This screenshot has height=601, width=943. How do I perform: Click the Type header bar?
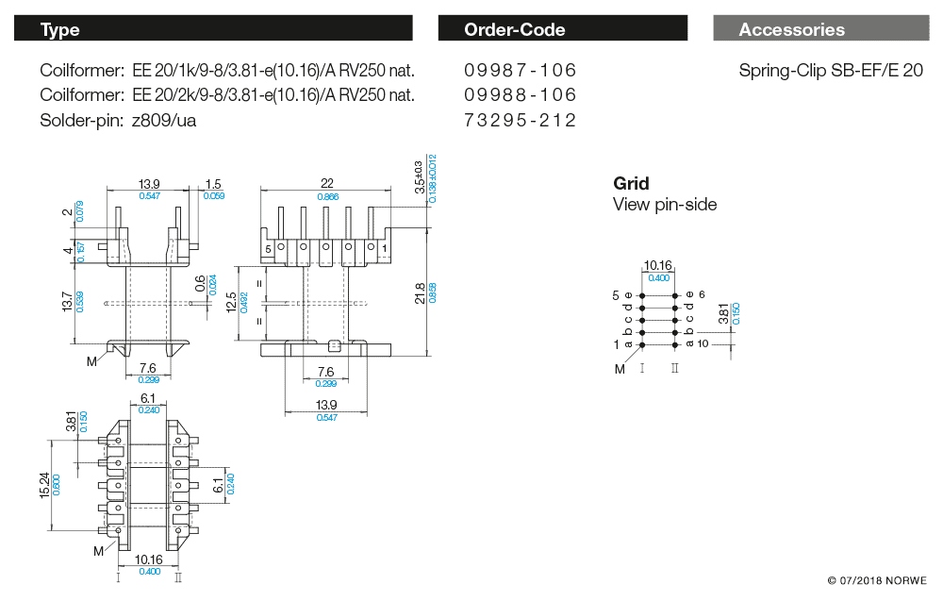(213, 29)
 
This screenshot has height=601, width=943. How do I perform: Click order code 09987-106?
(520, 71)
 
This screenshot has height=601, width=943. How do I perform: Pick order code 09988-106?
(520, 95)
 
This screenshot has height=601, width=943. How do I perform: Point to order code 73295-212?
(520, 121)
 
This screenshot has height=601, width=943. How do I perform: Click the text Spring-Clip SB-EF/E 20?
(831, 71)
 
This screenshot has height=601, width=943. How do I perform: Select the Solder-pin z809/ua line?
(118, 121)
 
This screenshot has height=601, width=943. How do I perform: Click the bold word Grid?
(631, 183)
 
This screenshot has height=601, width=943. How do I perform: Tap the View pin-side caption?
(665, 205)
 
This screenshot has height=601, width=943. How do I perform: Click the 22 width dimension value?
(327, 183)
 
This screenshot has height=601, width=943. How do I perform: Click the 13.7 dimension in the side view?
(68, 303)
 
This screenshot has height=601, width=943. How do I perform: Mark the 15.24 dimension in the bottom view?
(44, 485)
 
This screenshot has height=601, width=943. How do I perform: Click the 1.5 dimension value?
(213, 184)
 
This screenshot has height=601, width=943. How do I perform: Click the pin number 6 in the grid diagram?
(702, 294)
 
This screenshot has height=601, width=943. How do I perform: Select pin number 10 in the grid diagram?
(702, 343)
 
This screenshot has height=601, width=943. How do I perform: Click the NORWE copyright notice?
(877, 580)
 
